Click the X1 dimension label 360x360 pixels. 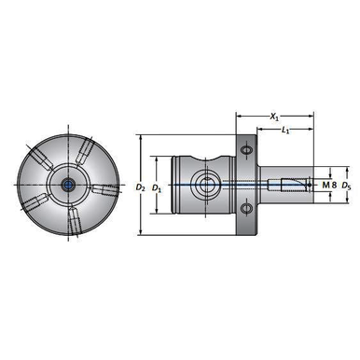click(274, 118)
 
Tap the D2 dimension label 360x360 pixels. click(140, 187)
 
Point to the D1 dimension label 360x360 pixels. click(158, 187)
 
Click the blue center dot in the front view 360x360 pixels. click(68, 185)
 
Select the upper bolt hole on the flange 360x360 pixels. click(246, 151)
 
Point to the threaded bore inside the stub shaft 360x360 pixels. click(293, 180)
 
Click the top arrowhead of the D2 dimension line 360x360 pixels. click(140, 138)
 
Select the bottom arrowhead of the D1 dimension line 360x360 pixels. click(158, 224)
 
